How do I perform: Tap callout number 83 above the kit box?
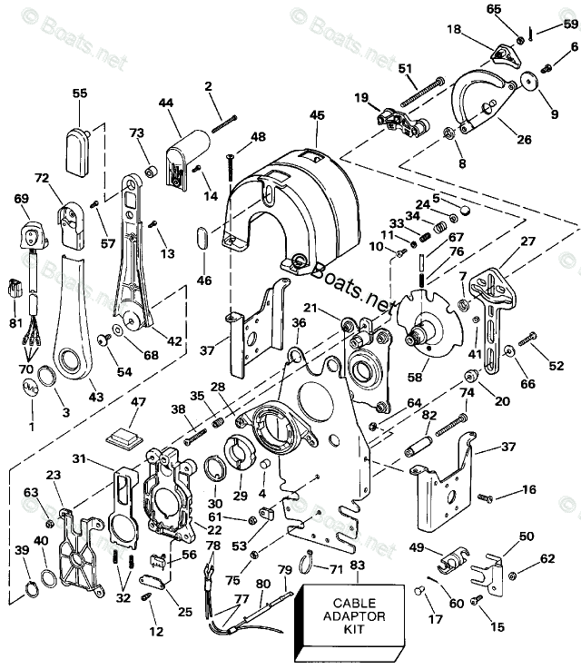click(x=356, y=566)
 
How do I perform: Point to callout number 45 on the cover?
click(x=316, y=115)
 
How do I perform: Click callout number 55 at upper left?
click(x=80, y=93)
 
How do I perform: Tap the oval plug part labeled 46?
click(x=202, y=240)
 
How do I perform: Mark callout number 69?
click(x=21, y=198)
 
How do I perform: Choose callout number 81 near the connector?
click(x=16, y=323)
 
